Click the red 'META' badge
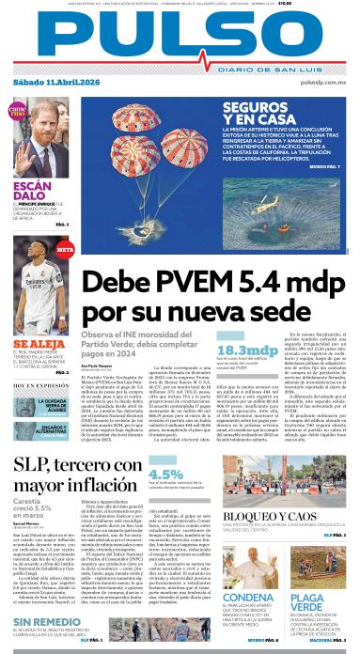(x=65, y=251)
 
